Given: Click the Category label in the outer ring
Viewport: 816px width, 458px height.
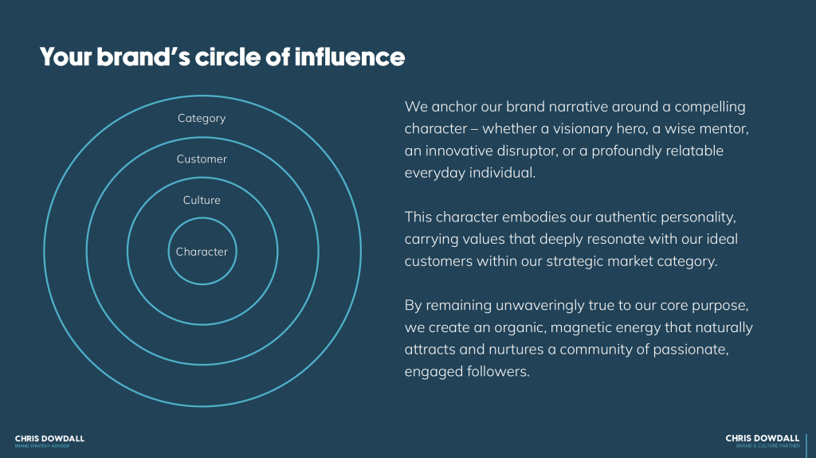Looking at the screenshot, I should click(202, 118).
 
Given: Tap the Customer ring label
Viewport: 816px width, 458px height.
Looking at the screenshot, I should click(202, 159).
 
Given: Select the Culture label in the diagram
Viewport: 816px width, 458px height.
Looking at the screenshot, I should click(202, 200).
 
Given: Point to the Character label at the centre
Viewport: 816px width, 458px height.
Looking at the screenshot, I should click(202, 252).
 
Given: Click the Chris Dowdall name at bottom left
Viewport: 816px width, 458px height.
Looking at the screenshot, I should click(49, 438).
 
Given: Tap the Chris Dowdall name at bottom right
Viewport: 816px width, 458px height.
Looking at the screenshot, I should click(762, 438).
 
